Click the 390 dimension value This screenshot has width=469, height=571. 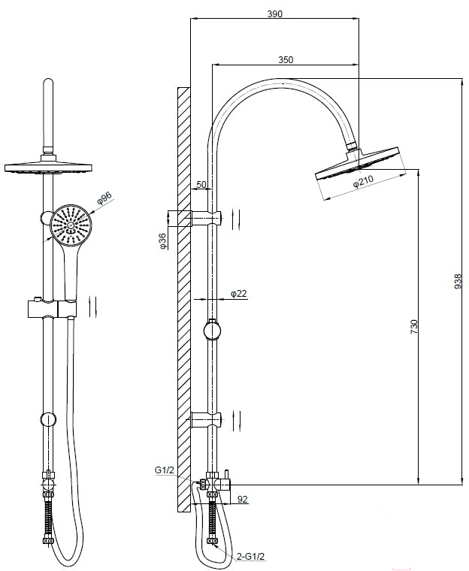(x=275, y=14)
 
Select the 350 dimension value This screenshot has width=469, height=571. (x=286, y=59)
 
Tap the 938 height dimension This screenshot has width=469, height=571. (x=458, y=282)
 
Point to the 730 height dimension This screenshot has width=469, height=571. (x=413, y=327)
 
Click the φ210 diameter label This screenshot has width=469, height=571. (x=363, y=181)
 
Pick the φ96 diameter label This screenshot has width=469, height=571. (x=104, y=198)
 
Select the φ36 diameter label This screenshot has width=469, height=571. (x=162, y=241)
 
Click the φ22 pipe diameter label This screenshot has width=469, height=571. (x=239, y=293)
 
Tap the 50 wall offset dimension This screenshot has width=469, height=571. (x=201, y=184)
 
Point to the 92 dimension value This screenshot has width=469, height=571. (x=242, y=499)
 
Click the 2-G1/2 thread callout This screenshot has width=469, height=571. (x=250, y=557)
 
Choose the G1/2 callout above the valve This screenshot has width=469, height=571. (x=165, y=470)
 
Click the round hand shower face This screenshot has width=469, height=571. (x=71, y=225)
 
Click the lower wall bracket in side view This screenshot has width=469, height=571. (x=206, y=419)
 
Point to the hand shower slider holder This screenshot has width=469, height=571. (x=52, y=309)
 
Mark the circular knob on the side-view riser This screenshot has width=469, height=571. (x=212, y=331)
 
